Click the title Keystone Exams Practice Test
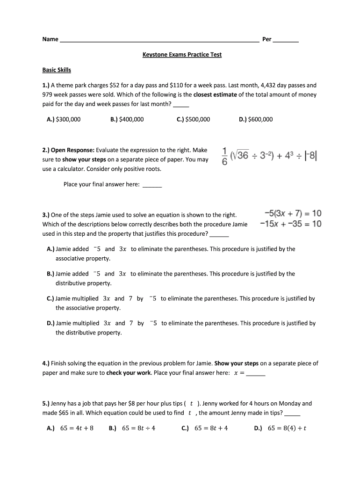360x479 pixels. tap(182, 55)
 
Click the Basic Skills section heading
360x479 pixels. tap(57, 70)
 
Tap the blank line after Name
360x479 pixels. tap(159, 40)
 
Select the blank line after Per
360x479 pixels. tap(285, 40)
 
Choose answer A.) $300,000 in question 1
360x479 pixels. tap(64, 119)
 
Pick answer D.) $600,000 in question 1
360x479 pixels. tap(255, 119)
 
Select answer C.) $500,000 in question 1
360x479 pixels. tap(193, 119)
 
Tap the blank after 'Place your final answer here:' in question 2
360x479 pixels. tap(151, 185)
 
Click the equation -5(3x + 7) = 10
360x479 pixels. tap(293, 214)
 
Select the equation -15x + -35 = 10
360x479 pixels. tap(291, 224)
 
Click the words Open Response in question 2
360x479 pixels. tap(72, 150)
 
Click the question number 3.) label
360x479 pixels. tap(46, 215)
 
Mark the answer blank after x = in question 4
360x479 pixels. tap(256, 374)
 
